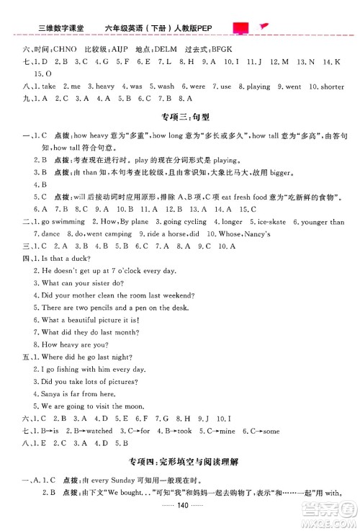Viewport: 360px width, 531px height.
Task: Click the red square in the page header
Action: pos(241,9)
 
